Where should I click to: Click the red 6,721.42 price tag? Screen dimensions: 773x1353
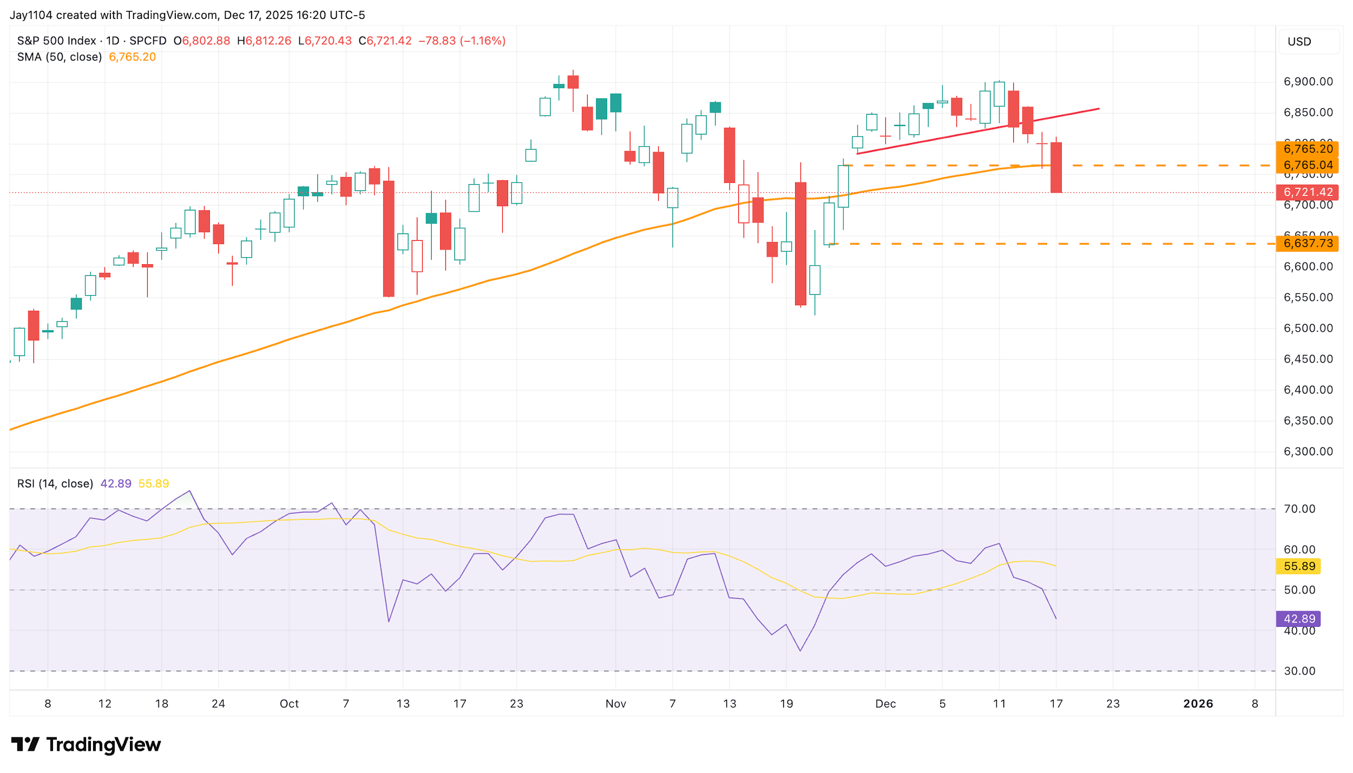tap(1307, 192)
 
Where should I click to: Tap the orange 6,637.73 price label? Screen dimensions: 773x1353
tap(1307, 244)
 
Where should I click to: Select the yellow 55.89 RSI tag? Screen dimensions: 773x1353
tap(1299, 566)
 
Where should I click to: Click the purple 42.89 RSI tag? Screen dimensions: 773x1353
tap(1299, 619)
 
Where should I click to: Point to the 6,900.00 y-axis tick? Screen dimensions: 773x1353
tap(1308, 82)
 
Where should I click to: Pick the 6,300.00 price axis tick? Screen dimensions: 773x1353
tap(1308, 451)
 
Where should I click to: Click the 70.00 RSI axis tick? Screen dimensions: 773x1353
tap(1299, 509)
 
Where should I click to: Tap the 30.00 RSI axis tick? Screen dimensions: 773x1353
tap(1299, 671)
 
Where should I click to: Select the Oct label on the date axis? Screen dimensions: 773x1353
tap(289, 704)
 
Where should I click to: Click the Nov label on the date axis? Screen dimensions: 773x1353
tap(615, 704)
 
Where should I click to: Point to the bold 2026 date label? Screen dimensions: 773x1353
tap(1198, 704)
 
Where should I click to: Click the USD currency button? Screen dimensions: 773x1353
tap(1299, 42)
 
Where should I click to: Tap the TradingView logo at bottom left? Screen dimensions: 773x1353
tap(86, 745)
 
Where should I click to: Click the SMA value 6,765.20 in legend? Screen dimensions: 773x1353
tap(132, 57)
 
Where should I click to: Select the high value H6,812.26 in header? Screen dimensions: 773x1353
tap(264, 41)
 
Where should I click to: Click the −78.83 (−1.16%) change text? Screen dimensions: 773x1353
tap(462, 41)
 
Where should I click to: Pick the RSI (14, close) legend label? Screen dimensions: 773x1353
tap(55, 483)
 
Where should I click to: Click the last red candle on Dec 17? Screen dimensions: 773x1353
tap(1056, 167)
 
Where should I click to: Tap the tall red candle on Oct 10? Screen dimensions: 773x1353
tap(389, 238)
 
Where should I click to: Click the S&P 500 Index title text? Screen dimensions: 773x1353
tap(56, 41)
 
